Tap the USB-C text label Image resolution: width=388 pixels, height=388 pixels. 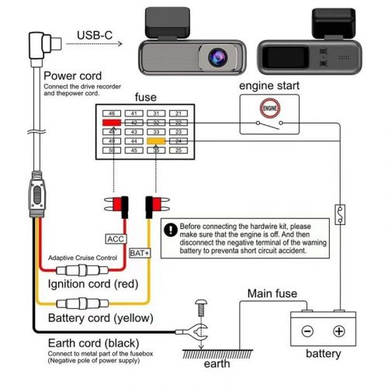99,35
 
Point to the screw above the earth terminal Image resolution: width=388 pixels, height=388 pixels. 202,309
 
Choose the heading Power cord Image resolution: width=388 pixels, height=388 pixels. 66,75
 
